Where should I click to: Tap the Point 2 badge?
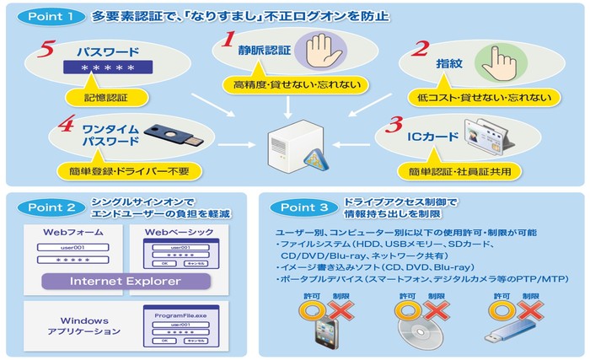[47, 207]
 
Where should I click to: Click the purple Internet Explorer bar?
[125, 281]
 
